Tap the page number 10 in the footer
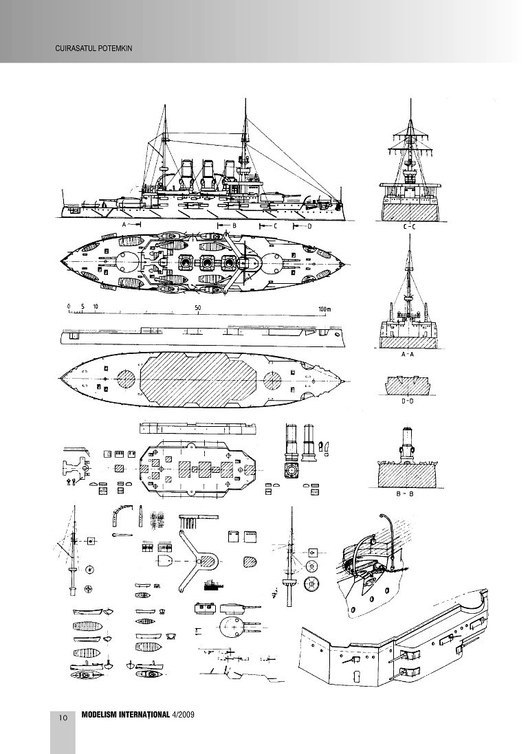coord(63,718)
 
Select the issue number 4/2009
coord(184,716)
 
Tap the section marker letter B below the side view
coord(234,225)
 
